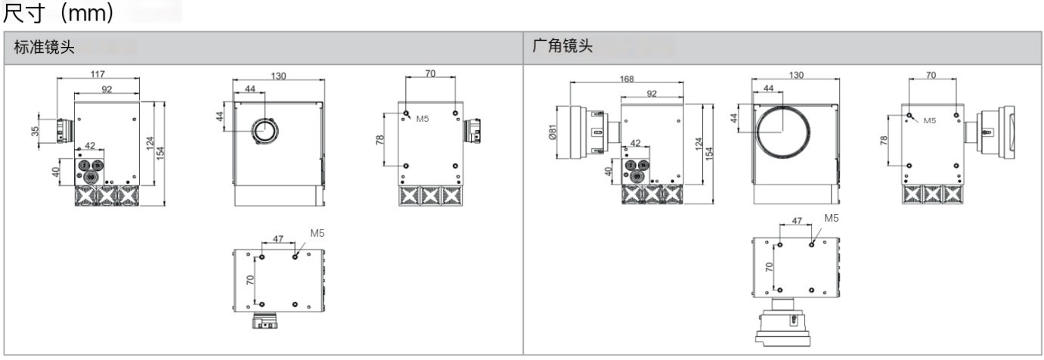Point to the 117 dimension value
[x=98, y=74]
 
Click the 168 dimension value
[x=626, y=79]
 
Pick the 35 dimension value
[x=35, y=131]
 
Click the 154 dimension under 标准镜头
[x=160, y=152]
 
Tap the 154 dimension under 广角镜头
[x=709, y=152]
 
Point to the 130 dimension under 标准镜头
[x=278, y=76]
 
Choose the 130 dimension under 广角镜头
[x=795, y=76]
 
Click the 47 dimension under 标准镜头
[x=277, y=238]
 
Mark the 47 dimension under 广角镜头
[x=796, y=222]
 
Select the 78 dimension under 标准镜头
[x=379, y=140]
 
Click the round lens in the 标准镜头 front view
[x=265, y=132]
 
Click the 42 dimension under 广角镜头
[x=635, y=143]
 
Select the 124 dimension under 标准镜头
[x=150, y=142]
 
